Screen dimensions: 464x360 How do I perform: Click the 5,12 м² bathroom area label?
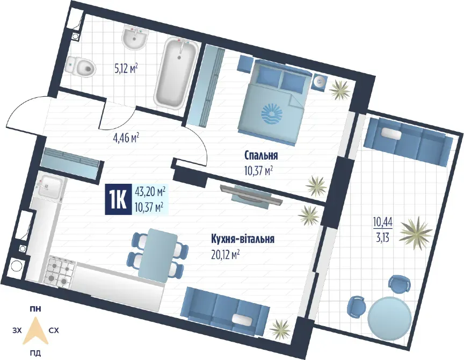tap(126, 69)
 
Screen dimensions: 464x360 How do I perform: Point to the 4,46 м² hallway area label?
tap(126, 138)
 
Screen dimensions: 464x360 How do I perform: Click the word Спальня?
tap(261, 155)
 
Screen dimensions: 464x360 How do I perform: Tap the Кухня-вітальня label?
tap(243, 239)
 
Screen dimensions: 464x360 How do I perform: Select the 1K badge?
tap(118, 199)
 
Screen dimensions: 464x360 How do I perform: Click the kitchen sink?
tap(50, 186)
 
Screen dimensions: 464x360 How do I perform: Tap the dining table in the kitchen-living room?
tap(158, 255)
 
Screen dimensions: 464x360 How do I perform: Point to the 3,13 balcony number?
tap(382, 237)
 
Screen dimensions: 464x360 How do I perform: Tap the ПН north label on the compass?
tap(35, 309)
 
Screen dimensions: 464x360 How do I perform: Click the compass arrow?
tap(36, 331)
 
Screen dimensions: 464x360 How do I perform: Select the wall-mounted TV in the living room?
tap(251, 195)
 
